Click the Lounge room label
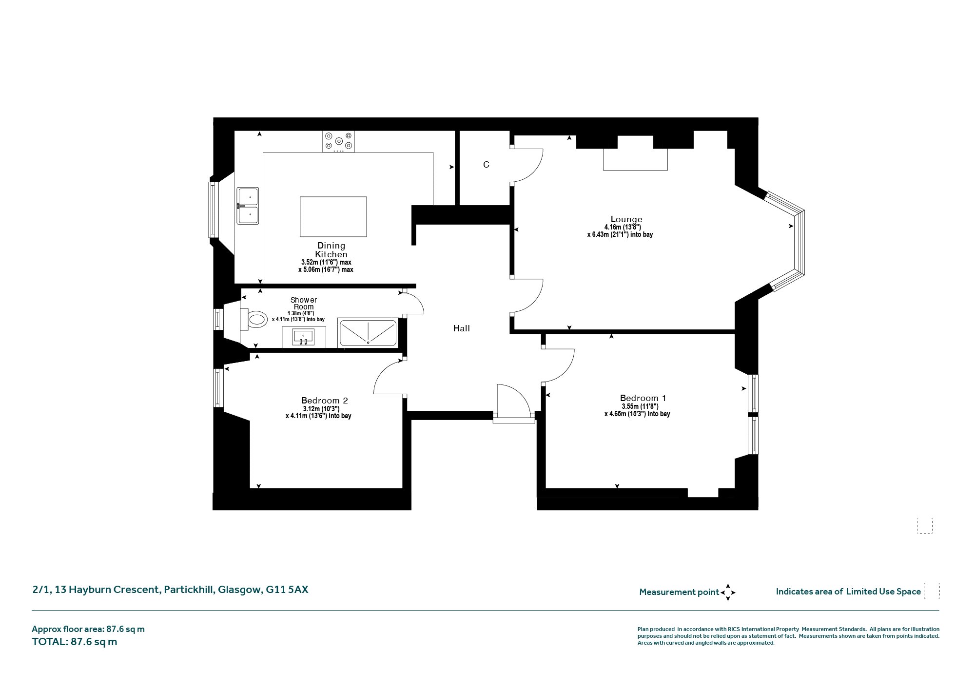tap(626, 219)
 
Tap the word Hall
tap(462, 328)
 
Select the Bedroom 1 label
tap(643, 398)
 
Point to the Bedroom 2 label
tap(325, 401)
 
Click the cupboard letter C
tap(486, 165)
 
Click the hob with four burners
tap(339, 142)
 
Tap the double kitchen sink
tap(248, 206)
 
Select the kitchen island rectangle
tap(333, 217)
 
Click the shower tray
tap(368, 333)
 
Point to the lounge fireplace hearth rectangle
tap(635, 159)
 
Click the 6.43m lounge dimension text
tap(620, 234)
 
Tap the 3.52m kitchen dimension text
tap(326, 262)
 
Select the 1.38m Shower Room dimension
tap(301, 313)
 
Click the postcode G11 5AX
tap(287, 590)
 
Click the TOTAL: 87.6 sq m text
tap(75, 642)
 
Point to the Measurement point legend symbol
tap(728, 593)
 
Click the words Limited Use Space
tap(883, 592)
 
